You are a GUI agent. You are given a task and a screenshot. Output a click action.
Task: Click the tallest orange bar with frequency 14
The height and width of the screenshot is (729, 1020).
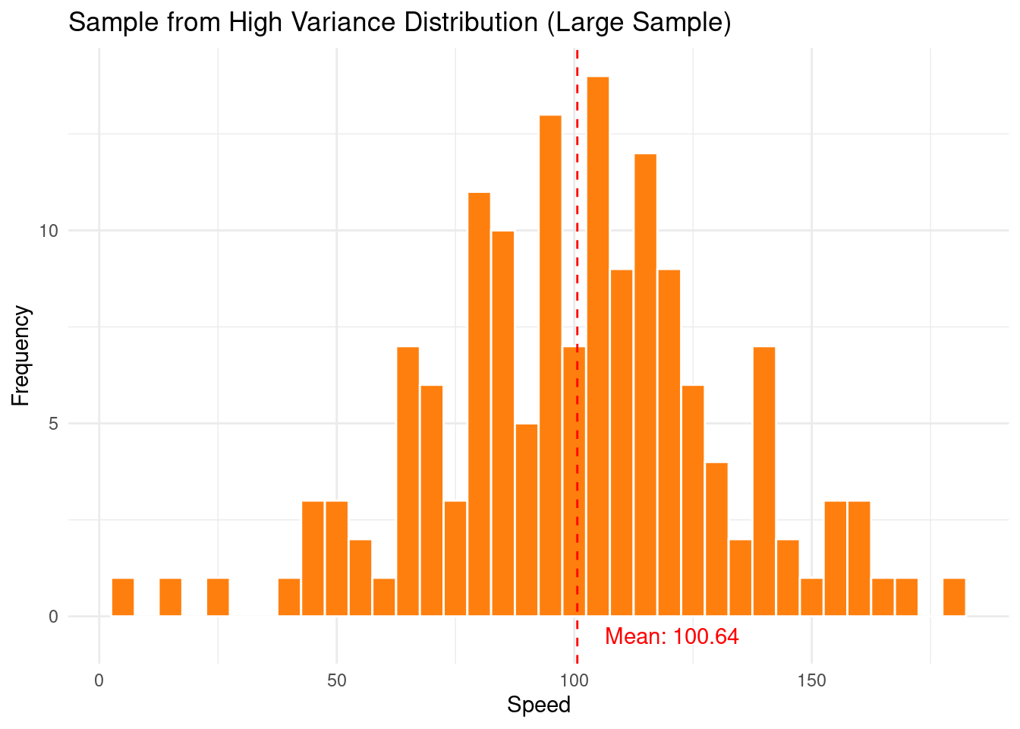click(598, 346)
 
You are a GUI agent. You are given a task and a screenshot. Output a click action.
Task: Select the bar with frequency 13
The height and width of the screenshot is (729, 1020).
click(550, 365)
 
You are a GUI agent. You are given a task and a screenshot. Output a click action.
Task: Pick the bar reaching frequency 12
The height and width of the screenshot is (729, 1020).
click(645, 384)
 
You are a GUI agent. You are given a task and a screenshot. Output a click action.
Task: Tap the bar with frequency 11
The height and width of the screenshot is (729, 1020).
click(479, 404)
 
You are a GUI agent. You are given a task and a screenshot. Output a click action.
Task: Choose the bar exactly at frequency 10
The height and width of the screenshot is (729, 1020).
click(502, 423)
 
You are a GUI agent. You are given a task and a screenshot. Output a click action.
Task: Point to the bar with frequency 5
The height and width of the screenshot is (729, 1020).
click(527, 519)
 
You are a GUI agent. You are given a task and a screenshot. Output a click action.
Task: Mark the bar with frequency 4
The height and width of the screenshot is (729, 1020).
click(716, 539)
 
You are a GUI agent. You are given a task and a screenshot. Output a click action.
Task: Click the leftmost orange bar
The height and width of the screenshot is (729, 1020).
click(123, 597)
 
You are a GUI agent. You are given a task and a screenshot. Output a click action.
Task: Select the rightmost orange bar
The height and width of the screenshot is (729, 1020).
click(954, 597)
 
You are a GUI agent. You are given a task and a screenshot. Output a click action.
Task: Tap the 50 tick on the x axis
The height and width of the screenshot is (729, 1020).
click(337, 680)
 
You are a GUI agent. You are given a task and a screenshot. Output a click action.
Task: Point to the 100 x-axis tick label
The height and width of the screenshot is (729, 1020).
click(575, 680)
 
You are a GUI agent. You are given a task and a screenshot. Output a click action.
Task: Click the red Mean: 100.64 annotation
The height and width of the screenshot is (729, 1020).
click(672, 636)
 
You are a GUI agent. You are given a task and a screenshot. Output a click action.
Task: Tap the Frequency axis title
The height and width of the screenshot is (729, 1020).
click(21, 355)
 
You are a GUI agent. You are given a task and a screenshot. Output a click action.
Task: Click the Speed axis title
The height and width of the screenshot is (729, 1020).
click(538, 705)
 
